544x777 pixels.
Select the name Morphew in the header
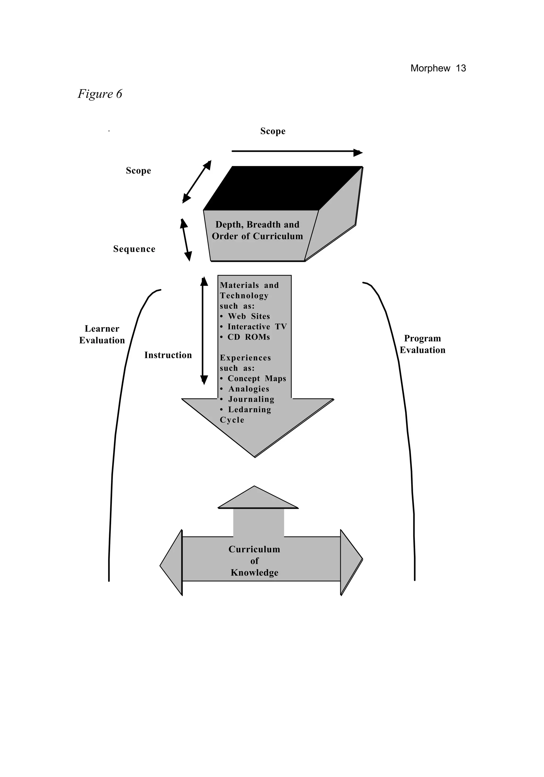(430, 68)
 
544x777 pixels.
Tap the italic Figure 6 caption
(100, 94)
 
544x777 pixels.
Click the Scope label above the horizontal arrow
(273, 131)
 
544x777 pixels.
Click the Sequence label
(134, 249)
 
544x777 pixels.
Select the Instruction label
(168, 355)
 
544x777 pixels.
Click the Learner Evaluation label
(102, 334)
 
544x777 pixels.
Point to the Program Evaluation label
(422, 344)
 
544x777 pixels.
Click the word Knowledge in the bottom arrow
(254, 573)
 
